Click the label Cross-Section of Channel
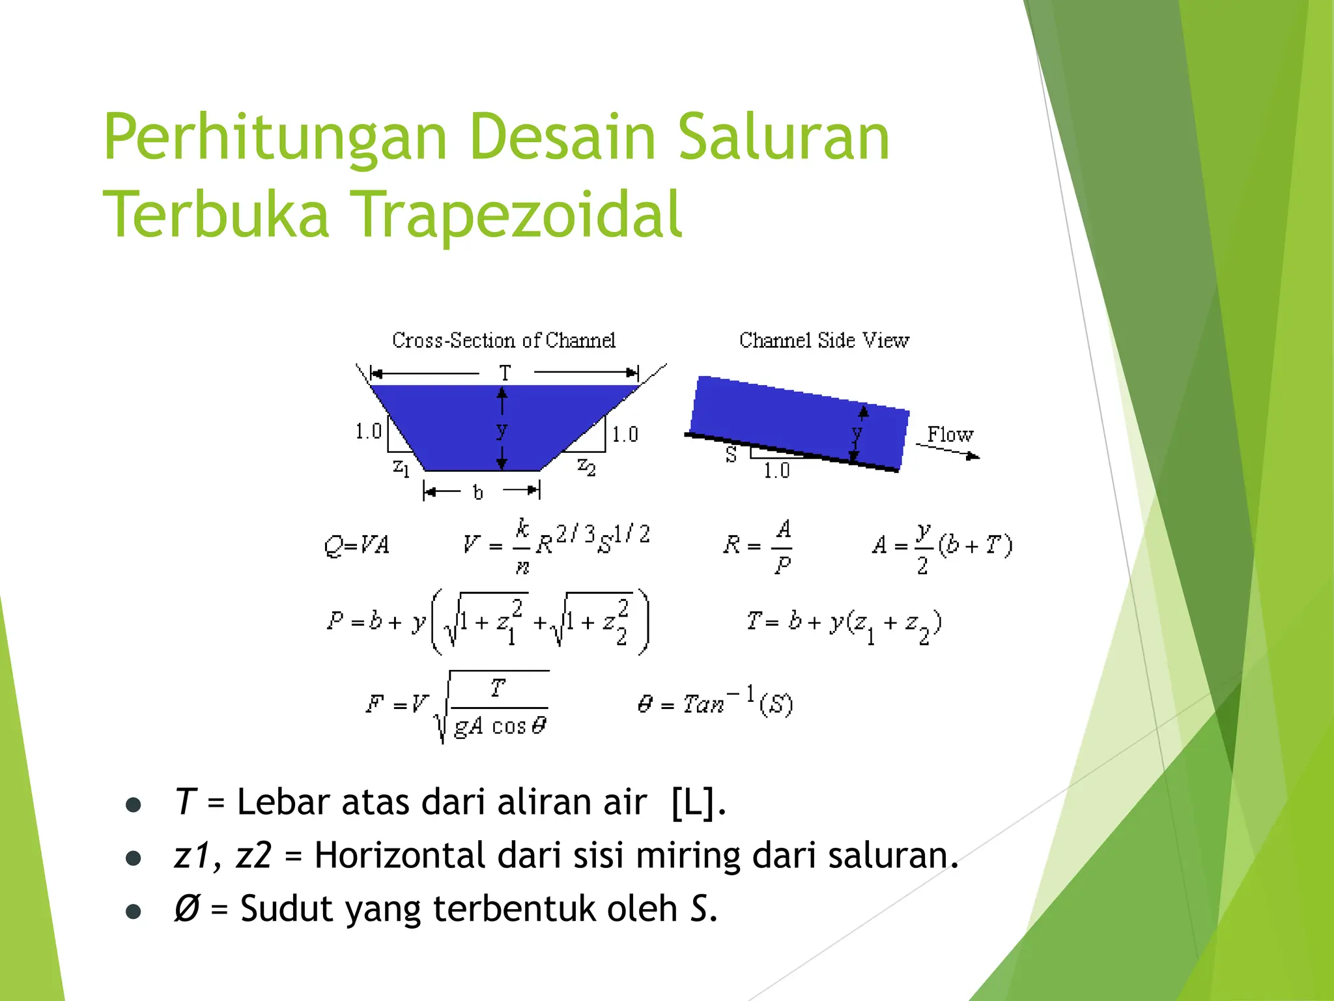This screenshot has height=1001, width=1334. [x=504, y=340]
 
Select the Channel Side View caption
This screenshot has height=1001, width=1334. [x=824, y=340]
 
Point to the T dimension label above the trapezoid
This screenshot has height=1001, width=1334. [x=505, y=373]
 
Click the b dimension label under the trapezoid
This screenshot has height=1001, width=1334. [x=478, y=493]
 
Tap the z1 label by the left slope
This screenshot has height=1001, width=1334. [x=401, y=467]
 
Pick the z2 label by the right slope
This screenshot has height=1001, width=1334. [x=586, y=467]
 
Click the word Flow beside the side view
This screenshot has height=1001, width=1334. [x=950, y=434]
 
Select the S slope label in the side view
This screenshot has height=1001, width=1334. [x=731, y=455]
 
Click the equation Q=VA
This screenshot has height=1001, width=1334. [x=356, y=545]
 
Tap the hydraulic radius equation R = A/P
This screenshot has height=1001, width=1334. [x=759, y=546]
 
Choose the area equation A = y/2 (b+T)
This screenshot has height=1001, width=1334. [x=942, y=546]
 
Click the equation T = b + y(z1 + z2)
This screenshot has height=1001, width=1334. [x=844, y=624]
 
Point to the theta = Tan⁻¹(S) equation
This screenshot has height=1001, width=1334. [x=715, y=703]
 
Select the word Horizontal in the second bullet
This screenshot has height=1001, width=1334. [x=399, y=855]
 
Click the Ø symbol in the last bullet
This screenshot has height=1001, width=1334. [x=186, y=908]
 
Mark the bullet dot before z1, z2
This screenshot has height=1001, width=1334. [x=134, y=858]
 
